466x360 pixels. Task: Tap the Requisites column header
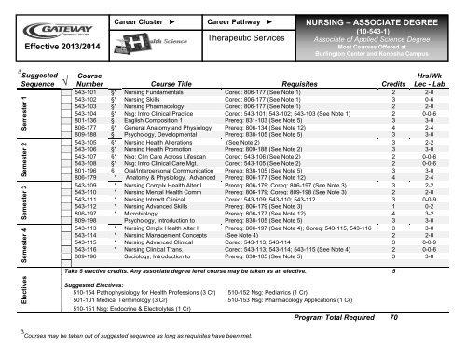click(x=288, y=82)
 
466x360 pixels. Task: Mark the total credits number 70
click(x=395, y=343)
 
